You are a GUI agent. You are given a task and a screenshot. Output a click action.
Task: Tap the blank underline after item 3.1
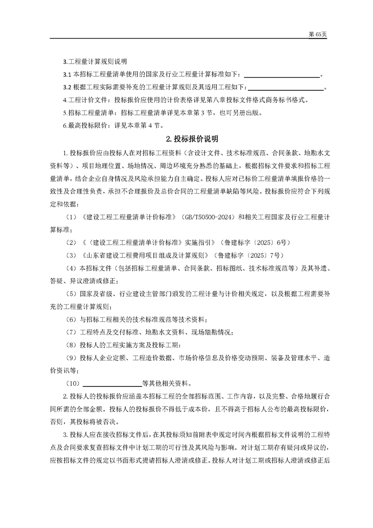point(282,74)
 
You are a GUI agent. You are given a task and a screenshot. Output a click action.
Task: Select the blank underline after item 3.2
point(286,87)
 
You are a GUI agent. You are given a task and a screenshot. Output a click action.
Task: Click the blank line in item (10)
point(112,383)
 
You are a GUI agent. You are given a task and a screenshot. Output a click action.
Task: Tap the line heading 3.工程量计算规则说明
point(94,62)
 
